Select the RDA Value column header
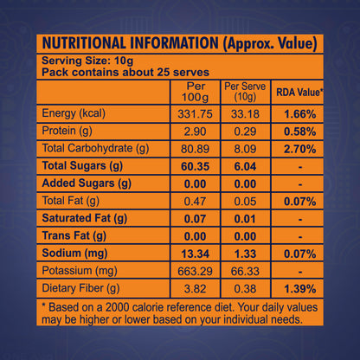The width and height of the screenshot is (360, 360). pyautogui.click(x=299, y=92)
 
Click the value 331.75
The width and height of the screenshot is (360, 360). pyautogui.click(x=196, y=114)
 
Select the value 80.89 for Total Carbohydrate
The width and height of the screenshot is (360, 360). pyautogui.click(x=196, y=148)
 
